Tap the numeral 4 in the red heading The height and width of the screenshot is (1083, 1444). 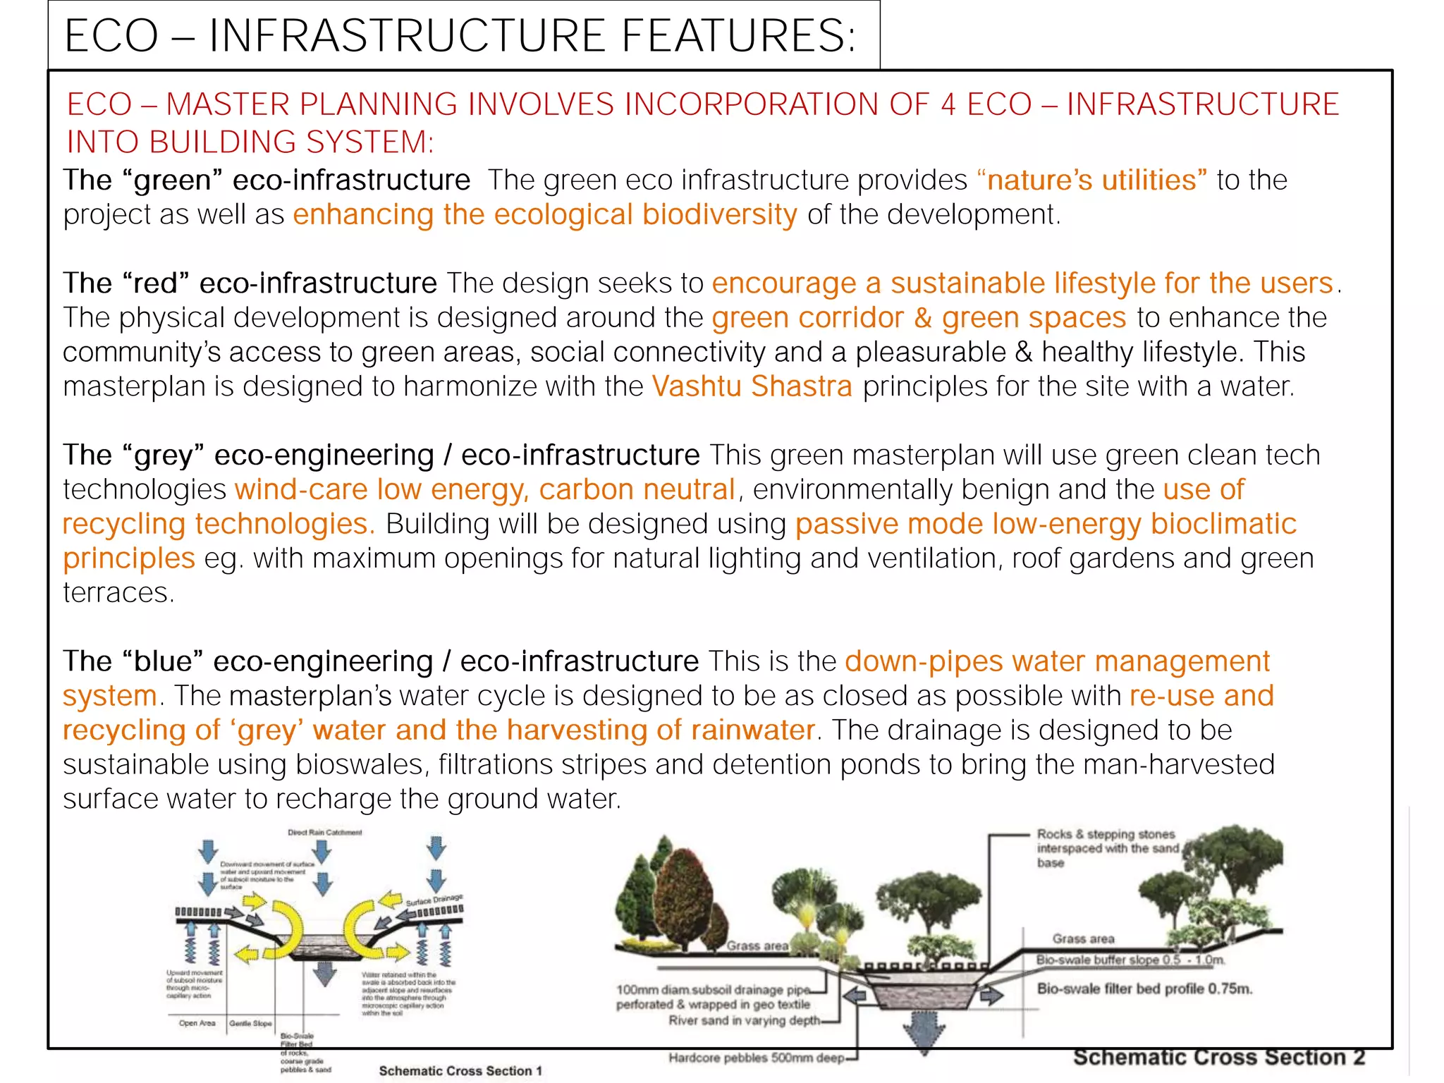(948, 104)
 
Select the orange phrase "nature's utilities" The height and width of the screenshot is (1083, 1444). (1092, 180)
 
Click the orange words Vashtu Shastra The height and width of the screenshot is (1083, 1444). (752, 387)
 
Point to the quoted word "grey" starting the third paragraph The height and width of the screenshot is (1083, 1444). (163, 455)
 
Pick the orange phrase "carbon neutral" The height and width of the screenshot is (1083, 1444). (637, 490)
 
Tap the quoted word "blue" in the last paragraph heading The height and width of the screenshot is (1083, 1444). (162, 662)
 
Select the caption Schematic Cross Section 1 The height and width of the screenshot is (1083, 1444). (460, 1071)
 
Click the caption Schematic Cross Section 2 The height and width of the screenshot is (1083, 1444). (1218, 1058)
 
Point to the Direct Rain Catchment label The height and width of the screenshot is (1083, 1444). (324, 833)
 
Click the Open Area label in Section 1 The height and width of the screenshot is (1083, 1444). (197, 1023)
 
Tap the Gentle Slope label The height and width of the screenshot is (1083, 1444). (250, 1023)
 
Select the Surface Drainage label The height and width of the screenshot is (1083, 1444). (434, 900)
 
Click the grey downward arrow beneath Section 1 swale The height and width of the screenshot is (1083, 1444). (324, 973)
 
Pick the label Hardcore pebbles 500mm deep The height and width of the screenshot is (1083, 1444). (756, 1058)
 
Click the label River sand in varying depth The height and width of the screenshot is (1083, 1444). (744, 1020)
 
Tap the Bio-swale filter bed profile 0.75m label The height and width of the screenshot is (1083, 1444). (1144, 989)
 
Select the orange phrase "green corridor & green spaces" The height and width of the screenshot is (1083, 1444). (919, 318)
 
